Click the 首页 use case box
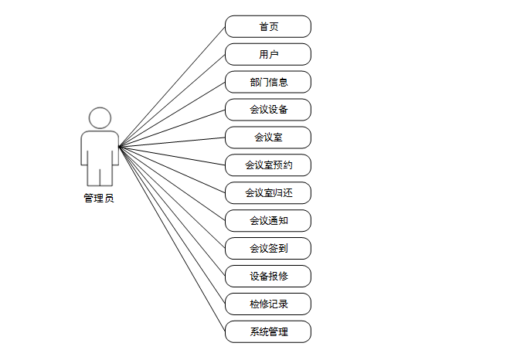click(x=268, y=26)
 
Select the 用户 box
click(x=268, y=54)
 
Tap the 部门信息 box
click(x=268, y=82)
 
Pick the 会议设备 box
click(x=268, y=110)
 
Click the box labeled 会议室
click(x=268, y=138)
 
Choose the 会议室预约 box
click(x=268, y=165)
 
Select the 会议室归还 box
click(x=268, y=192)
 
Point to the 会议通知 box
click(x=268, y=220)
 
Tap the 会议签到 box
click(x=268, y=248)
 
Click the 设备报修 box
click(x=268, y=276)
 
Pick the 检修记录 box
click(x=268, y=304)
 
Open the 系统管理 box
click(x=268, y=331)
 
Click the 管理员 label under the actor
click(x=99, y=198)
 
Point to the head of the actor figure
click(x=100, y=118)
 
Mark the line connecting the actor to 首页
click(x=172, y=86)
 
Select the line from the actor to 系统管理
click(x=172, y=238)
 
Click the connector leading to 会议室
click(x=172, y=141)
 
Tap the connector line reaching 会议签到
click(x=172, y=196)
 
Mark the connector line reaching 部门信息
click(x=172, y=114)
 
